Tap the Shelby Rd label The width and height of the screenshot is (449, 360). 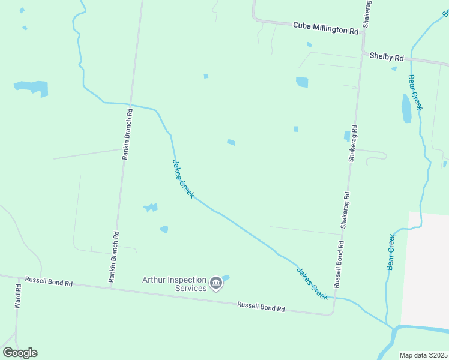pos(387,56)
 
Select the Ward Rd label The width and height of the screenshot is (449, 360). pos(18,296)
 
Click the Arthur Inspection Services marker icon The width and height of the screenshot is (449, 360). pos(216,283)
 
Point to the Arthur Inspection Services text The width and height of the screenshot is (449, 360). pos(174,283)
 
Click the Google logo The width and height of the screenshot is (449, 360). pos(20,353)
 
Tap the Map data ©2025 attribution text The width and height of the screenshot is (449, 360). pos(424,355)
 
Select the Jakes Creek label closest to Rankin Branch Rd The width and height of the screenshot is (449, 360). pos(183,179)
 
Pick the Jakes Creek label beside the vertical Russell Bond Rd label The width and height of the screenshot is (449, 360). pos(312,283)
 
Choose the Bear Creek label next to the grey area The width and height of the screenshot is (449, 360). pos(391,251)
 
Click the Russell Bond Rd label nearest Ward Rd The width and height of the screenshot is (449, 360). pos(49,281)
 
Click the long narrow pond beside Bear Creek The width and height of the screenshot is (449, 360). pos(406,108)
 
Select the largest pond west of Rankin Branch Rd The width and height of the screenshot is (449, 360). pos(33,88)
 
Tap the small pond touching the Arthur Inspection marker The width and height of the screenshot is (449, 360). pos(226,278)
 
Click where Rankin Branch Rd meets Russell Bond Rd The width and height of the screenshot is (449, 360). pos(110,288)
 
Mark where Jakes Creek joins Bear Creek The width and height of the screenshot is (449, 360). pos(394,328)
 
